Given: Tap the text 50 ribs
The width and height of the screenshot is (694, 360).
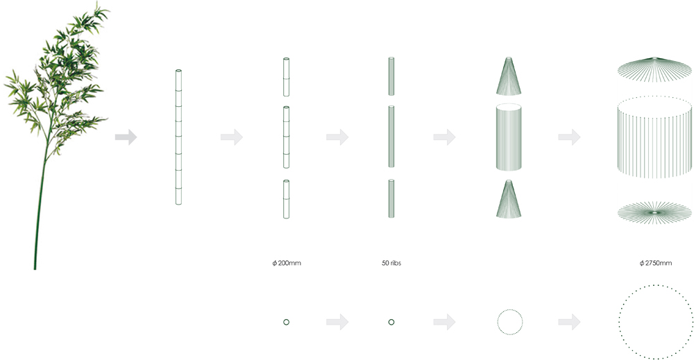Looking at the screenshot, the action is point(391,263).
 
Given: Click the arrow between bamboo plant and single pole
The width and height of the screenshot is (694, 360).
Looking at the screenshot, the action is point(126,137).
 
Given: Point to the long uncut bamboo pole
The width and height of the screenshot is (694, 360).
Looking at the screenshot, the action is point(178,137).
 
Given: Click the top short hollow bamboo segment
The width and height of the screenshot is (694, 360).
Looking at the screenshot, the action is point(286,76).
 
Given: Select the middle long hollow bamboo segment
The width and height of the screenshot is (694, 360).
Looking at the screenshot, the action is point(286,137).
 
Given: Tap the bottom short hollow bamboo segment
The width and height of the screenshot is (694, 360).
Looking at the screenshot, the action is point(286,198).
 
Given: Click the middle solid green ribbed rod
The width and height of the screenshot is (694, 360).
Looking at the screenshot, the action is point(391,136).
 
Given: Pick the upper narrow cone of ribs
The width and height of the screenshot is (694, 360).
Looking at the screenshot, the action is point(509,76).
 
